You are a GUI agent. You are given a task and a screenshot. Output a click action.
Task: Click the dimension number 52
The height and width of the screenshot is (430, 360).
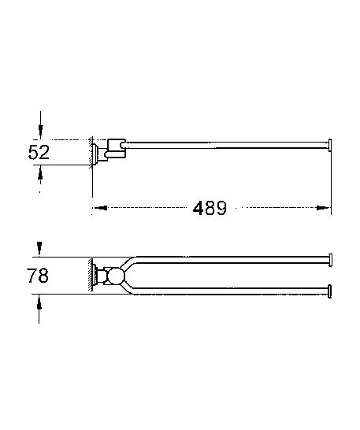(x=39, y=151)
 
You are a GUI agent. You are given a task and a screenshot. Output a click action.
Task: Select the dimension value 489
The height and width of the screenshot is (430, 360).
(x=210, y=209)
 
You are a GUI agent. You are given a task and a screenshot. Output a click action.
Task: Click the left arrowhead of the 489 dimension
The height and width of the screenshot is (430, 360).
(x=98, y=209)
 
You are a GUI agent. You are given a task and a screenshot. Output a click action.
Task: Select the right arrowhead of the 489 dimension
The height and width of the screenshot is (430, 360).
(x=325, y=209)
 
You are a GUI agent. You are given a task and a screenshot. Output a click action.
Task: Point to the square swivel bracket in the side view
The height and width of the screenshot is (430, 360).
(x=115, y=148)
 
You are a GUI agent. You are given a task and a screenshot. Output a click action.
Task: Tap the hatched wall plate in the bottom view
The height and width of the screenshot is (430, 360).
(x=91, y=275)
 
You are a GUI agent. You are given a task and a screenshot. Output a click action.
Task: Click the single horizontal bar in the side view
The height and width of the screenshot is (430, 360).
(x=228, y=144)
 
